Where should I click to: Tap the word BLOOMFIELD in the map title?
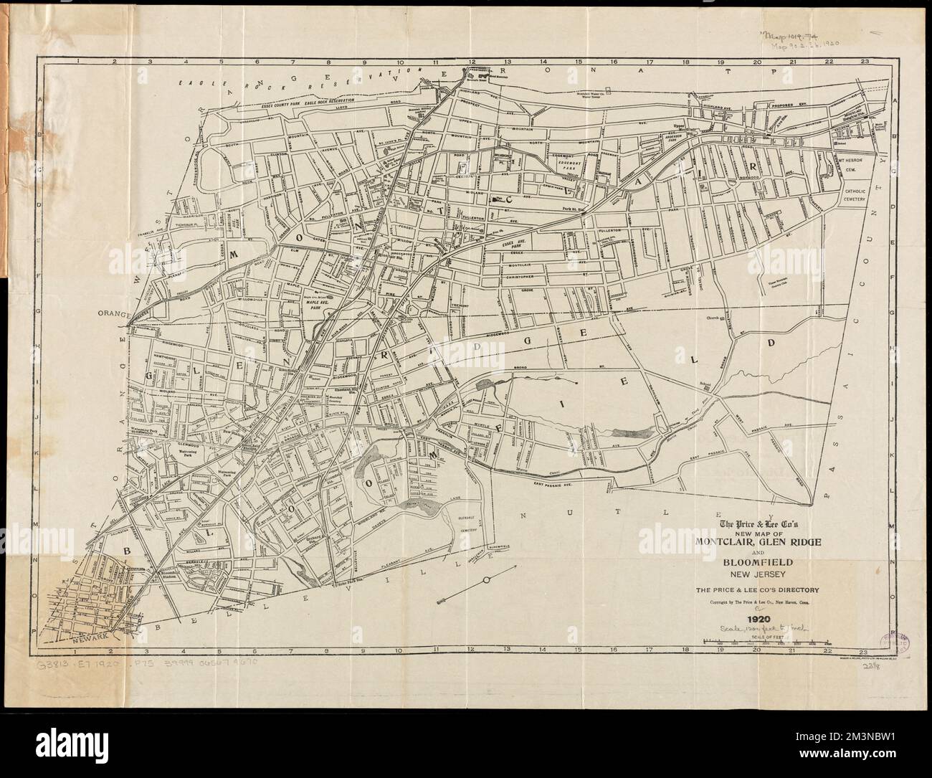[749, 563]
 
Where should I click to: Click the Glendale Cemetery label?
[475, 526]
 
